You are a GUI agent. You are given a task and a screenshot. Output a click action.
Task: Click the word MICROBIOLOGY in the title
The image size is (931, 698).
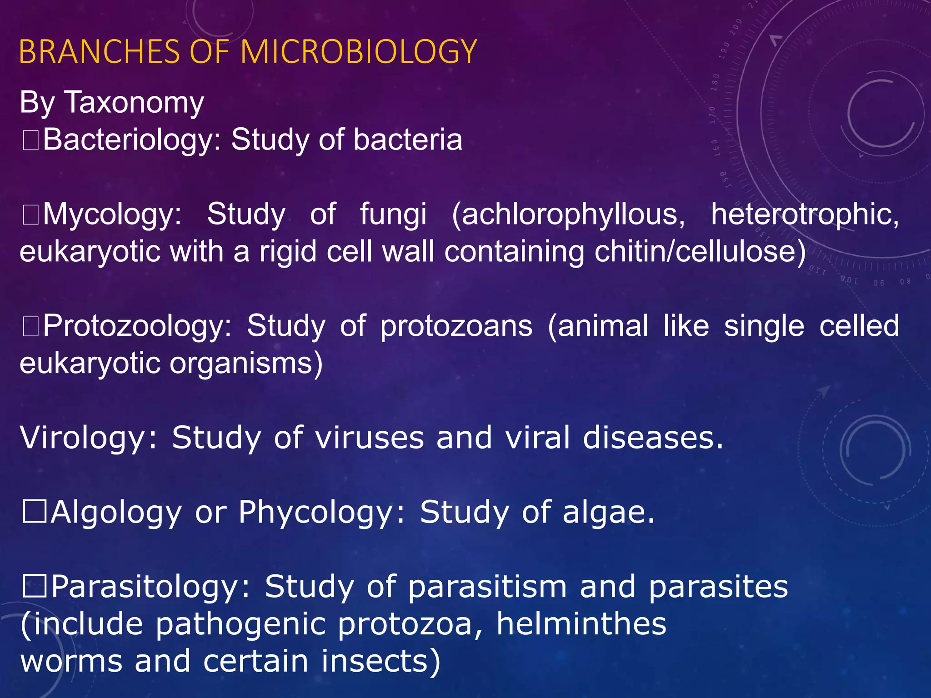coord(359,51)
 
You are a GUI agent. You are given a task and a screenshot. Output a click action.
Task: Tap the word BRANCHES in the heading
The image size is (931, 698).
coord(100,51)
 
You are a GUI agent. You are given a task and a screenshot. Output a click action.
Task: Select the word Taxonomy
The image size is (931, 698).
coord(135,102)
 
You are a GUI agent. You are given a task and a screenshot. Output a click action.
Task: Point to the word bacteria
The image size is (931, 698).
coord(408,140)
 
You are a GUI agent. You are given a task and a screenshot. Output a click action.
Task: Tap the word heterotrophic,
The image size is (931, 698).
coord(805,214)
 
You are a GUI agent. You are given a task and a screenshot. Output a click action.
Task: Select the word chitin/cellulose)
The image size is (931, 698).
coord(701,251)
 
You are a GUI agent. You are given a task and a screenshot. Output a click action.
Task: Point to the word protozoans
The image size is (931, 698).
coord(456,326)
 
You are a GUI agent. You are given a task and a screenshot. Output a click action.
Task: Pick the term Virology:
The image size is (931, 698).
coord(89,438)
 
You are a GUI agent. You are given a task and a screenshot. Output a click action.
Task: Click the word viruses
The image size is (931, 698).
coord(370,438)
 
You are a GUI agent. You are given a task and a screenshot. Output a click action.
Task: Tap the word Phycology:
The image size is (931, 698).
coord(321,513)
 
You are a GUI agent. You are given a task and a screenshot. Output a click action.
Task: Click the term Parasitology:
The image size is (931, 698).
coord(150,587)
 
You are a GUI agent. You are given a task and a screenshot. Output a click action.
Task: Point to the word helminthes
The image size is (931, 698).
coord(581,623)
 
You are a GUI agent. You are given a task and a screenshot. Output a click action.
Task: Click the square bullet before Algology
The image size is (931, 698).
coord(35,512)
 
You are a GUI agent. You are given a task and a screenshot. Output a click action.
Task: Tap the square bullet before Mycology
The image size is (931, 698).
coord(31,215)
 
